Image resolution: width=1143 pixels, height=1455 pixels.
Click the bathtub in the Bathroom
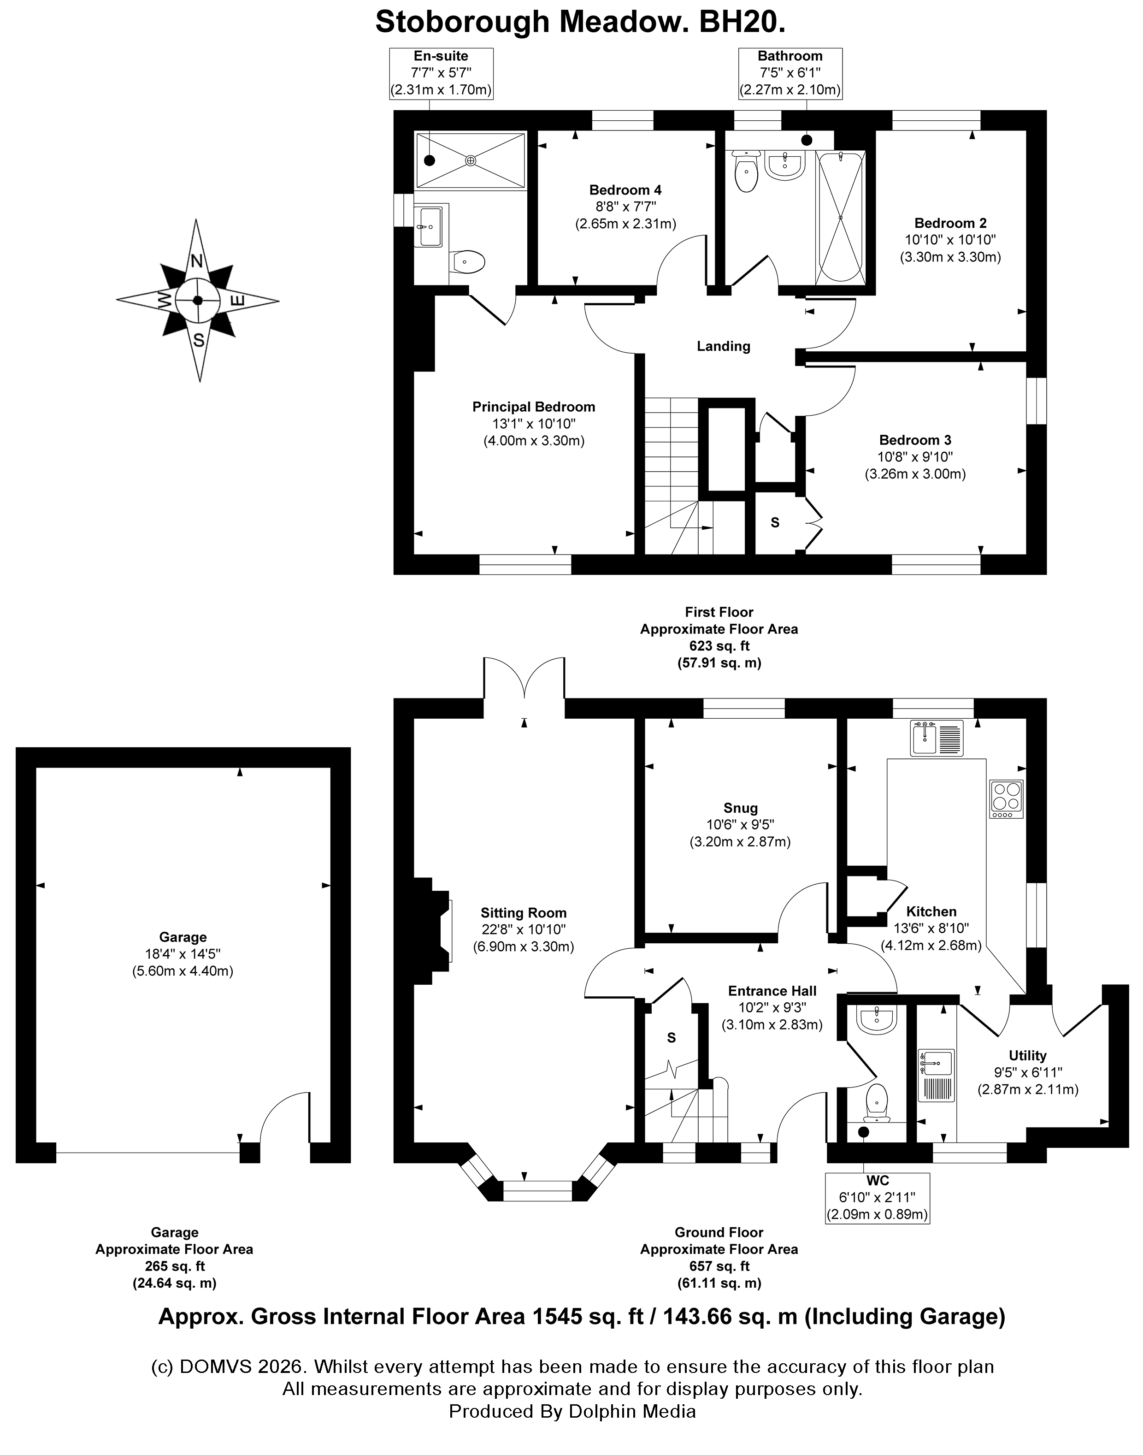(841, 217)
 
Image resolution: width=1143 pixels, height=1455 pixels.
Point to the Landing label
(724, 346)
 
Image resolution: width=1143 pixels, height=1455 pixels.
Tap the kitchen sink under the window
(936, 738)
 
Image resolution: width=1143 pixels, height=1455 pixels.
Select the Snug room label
(740, 808)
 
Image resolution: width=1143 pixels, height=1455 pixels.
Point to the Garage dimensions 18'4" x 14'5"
(183, 954)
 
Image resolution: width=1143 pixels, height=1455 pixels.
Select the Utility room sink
(936, 1075)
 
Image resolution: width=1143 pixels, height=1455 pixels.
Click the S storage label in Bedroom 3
(775, 523)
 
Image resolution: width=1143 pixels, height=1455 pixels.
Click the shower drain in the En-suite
(471, 160)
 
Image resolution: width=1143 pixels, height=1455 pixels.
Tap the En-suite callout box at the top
(441, 74)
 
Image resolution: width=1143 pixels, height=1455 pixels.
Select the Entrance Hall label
(772, 991)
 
